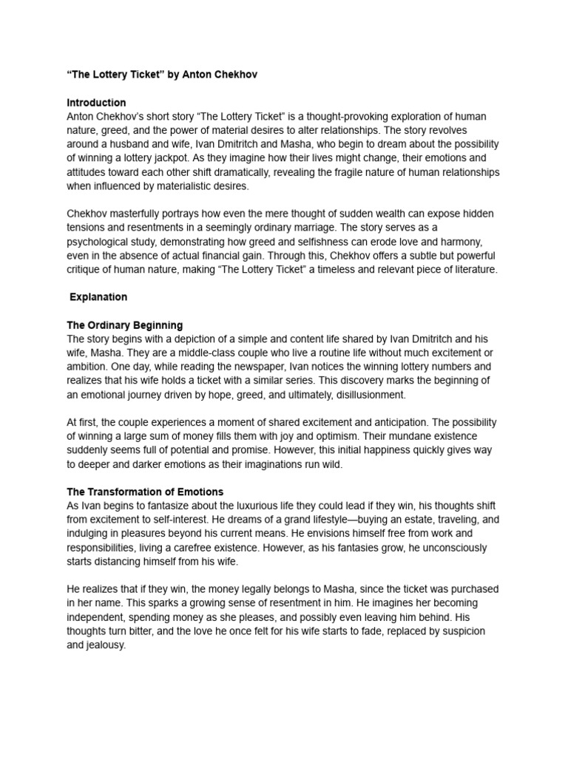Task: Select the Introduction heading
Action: [x=96, y=103]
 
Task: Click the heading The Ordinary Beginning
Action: [x=124, y=325]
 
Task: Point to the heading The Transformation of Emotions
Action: [x=145, y=492]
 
